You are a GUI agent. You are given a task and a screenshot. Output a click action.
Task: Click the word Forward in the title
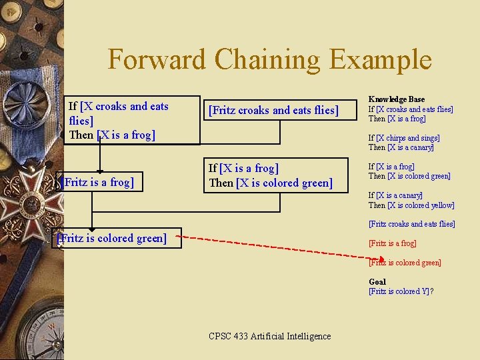point(157,60)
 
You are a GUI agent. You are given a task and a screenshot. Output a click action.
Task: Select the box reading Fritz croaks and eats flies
point(273,111)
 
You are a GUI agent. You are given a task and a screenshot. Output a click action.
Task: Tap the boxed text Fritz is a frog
point(98,182)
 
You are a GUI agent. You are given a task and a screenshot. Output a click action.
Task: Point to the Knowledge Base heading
point(397,99)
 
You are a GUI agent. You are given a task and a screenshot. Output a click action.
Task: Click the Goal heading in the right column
point(377,281)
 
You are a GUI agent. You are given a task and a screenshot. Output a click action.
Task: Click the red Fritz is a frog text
point(393,243)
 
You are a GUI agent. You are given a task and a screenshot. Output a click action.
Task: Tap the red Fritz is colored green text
point(405,263)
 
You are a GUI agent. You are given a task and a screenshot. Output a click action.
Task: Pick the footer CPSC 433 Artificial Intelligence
point(269,336)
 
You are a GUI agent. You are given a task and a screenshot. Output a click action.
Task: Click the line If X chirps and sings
point(404,138)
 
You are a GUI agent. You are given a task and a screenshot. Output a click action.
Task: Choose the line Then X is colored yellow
point(411,205)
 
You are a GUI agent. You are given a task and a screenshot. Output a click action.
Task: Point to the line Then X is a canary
point(401,147)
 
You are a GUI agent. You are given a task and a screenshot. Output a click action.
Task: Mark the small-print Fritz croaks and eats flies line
point(412,224)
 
